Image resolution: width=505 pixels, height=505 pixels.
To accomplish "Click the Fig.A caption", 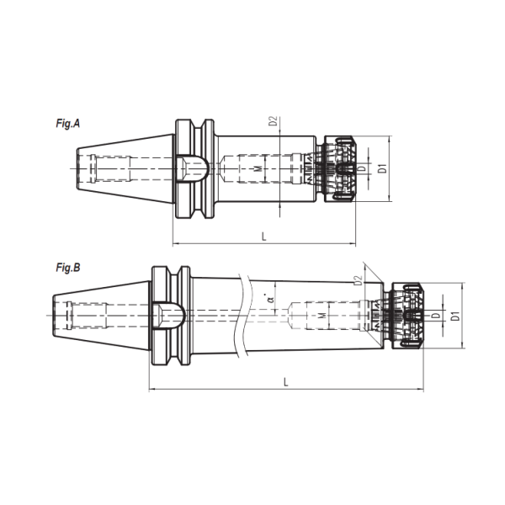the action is [x=67, y=124].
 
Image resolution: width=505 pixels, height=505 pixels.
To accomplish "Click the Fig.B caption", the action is [x=68, y=268].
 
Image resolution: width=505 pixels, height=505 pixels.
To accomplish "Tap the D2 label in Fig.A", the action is [x=273, y=120].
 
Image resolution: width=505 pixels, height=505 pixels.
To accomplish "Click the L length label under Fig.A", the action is [x=264, y=237].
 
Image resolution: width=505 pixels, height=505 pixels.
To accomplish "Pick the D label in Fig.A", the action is [x=362, y=168].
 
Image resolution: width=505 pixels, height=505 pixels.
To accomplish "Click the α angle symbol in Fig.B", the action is [x=271, y=299].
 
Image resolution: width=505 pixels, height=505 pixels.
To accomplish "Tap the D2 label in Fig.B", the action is [x=359, y=280].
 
